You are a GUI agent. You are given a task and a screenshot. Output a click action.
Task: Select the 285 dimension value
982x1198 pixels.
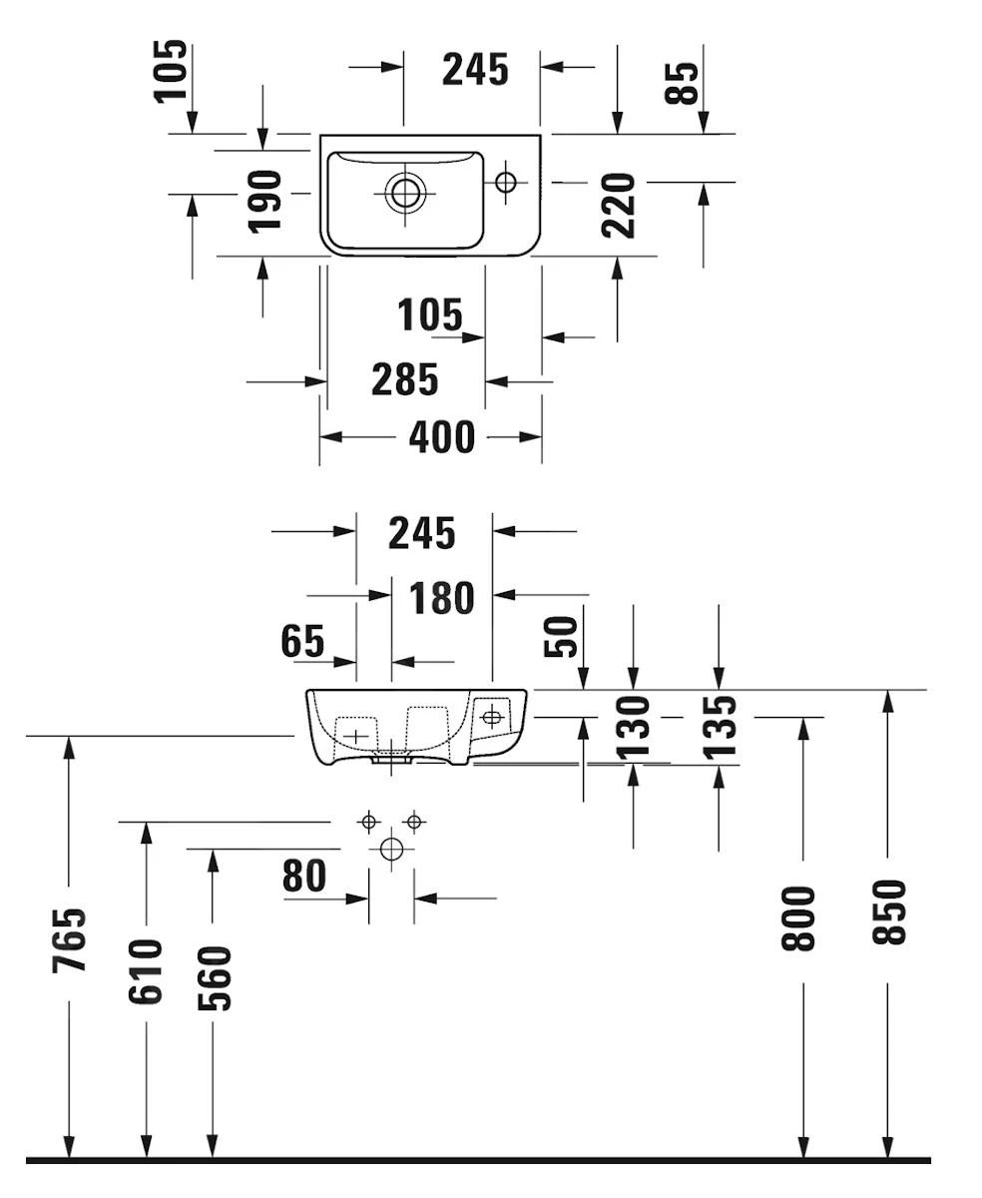click(404, 379)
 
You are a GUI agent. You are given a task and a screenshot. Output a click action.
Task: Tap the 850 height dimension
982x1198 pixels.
click(887, 911)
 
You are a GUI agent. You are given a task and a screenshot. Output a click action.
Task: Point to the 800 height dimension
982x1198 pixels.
click(801, 917)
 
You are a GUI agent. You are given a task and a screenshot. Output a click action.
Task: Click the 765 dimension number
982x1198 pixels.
click(69, 939)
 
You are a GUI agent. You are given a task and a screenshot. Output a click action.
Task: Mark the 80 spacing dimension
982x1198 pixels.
click(304, 877)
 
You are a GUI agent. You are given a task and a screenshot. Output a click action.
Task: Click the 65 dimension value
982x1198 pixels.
click(302, 641)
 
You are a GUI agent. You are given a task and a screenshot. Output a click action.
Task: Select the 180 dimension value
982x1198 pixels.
click(442, 599)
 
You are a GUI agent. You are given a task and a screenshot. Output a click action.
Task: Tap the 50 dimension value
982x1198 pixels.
click(562, 637)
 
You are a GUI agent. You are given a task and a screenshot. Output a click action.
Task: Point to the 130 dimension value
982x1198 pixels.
click(633, 726)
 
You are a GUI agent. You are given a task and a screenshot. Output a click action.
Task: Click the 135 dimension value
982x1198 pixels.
click(719, 726)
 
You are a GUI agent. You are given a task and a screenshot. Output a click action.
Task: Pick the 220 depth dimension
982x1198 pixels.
click(619, 205)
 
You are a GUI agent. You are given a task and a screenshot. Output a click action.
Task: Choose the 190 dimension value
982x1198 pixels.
click(264, 201)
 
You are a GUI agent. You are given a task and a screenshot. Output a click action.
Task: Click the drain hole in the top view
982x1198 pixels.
click(405, 191)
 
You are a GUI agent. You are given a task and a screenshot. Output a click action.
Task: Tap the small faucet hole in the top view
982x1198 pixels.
click(506, 182)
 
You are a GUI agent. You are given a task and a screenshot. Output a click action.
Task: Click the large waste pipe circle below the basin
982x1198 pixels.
click(391, 850)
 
